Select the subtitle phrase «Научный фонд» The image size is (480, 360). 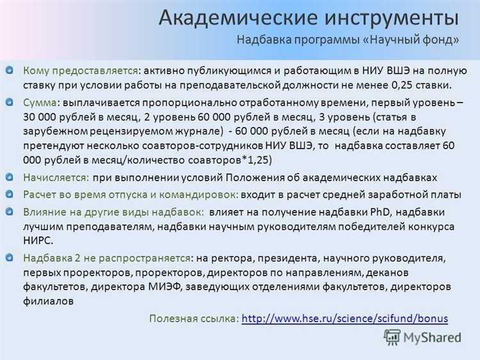click(x=410, y=40)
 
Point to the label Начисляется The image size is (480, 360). click(x=55, y=177)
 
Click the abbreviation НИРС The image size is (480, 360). click(x=38, y=240)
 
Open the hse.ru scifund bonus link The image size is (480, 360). click(x=346, y=318)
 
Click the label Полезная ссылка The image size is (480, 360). click(x=194, y=318)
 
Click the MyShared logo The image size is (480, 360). click(x=422, y=337)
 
